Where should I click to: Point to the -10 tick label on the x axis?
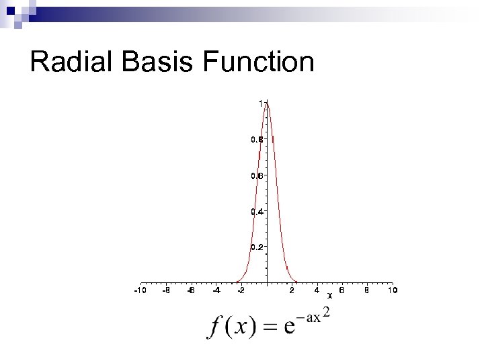(140, 290)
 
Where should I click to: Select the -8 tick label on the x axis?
(165, 290)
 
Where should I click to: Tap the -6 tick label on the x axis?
(191, 290)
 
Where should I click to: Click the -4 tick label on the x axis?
(216, 290)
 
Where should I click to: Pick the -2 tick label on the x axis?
(241, 290)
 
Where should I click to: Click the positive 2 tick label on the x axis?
(292, 290)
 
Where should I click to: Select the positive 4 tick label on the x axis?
(317, 290)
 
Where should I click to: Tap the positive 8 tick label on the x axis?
(367, 290)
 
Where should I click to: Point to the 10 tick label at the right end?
(393, 290)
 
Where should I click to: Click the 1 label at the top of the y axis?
(260, 103)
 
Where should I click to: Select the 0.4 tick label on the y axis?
(257, 212)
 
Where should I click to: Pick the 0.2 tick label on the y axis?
(257, 247)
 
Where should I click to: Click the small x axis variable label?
(329, 295)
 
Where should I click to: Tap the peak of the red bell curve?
(267, 103)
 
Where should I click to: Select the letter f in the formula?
(214, 327)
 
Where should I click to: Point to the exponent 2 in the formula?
(326, 313)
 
